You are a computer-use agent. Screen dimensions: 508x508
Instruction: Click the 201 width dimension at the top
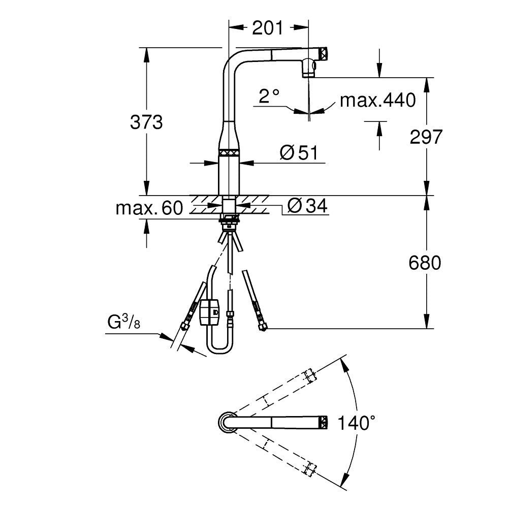tap(268, 28)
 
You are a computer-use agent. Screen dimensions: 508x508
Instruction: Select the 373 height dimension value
tap(146, 122)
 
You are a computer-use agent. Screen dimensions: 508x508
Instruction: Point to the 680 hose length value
tap(425, 263)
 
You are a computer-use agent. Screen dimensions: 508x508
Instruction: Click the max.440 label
tap(378, 100)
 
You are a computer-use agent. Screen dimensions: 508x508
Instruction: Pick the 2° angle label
tap(269, 96)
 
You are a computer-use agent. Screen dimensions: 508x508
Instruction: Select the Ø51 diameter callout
tap(299, 152)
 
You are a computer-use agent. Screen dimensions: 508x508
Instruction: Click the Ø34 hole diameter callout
tap(307, 206)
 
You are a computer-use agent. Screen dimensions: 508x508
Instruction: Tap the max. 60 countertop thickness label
tap(149, 208)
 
